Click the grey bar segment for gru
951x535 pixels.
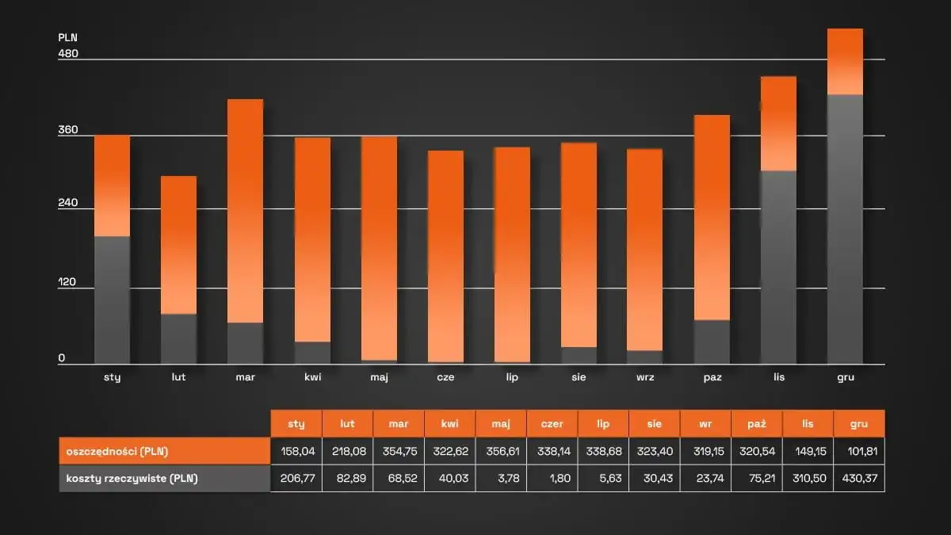tap(845, 229)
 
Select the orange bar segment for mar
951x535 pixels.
tap(245, 211)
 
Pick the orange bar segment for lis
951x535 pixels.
tap(778, 124)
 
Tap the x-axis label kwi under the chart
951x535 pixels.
tap(311, 377)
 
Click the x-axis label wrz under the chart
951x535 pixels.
tap(644, 377)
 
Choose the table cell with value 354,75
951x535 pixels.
tap(399, 451)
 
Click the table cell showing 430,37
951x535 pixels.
tap(859, 478)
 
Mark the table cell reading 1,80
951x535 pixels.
tap(552, 478)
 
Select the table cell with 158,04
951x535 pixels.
tap(297, 451)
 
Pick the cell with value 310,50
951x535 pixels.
tap(808, 478)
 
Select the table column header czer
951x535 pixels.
tap(552, 424)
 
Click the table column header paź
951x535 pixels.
tap(757, 424)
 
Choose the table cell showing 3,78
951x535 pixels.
tap(502, 478)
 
